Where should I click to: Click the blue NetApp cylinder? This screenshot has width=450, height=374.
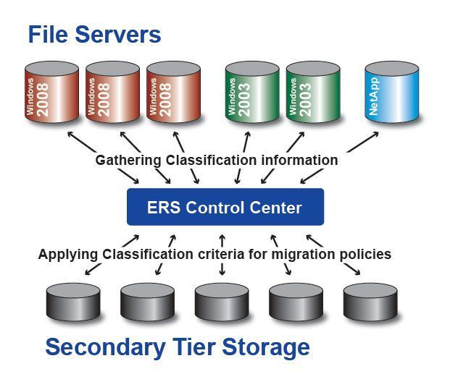391,93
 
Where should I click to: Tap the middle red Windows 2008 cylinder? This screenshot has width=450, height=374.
112,93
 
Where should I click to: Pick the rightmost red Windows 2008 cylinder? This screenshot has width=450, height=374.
173,93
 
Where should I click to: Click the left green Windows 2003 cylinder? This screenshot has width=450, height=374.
251,93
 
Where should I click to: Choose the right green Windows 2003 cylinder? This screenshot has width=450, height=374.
312,93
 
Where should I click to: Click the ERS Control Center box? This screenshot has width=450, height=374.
225,208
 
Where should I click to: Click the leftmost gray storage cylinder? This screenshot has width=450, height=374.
72,301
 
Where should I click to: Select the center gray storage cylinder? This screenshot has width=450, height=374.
222,301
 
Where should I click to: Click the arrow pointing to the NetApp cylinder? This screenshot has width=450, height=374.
362,143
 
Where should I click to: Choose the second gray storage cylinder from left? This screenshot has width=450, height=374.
147,301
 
